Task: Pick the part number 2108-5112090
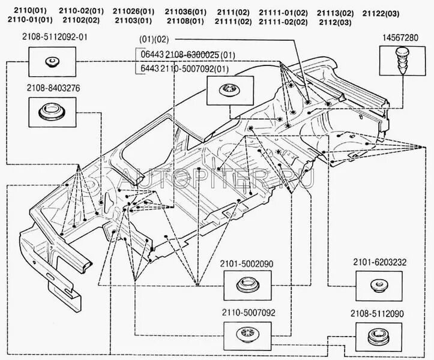pyautogui.click(x=379, y=313)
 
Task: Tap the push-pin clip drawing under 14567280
pyautogui.click(x=402, y=61)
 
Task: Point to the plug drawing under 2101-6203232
pyautogui.click(x=379, y=283)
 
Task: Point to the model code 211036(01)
pyautogui.click(x=186, y=11)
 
